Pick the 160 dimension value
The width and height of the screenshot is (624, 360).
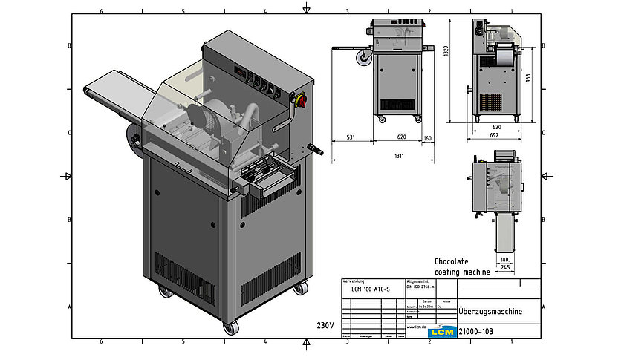tap(427, 137)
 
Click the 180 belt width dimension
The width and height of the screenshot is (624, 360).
tap(504, 260)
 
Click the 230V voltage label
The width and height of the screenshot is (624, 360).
tap(325, 325)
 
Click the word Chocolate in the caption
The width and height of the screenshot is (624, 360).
tap(450, 262)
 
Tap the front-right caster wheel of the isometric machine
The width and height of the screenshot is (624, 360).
tap(299, 289)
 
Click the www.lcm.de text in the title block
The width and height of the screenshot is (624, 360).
tap(416, 326)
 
